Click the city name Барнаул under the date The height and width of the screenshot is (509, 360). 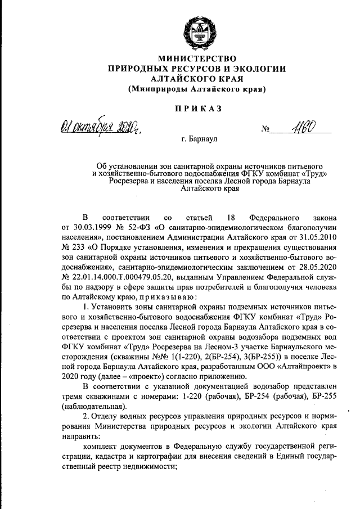197,137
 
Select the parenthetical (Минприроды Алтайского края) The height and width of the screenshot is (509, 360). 197,89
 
